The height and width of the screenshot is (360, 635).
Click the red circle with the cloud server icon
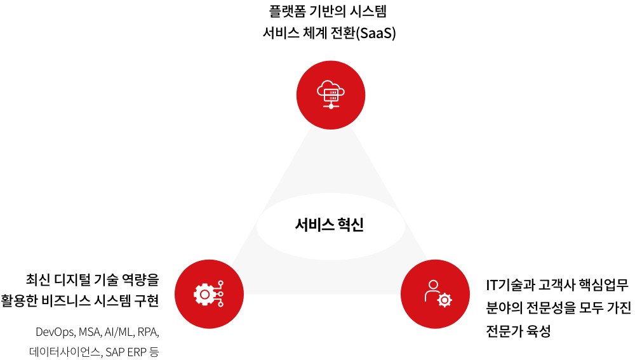click(x=330, y=95)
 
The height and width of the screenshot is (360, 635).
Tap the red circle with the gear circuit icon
click(x=209, y=294)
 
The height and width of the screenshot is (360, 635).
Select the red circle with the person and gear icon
click(x=435, y=294)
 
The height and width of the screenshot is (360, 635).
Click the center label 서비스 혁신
click(x=329, y=225)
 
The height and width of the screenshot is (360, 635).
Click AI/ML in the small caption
click(x=119, y=332)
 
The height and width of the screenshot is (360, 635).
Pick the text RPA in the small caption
click(x=148, y=332)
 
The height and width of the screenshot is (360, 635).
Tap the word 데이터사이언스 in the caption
click(x=65, y=352)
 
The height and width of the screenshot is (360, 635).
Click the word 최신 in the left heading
click(x=38, y=279)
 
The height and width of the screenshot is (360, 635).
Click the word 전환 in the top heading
click(x=343, y=33)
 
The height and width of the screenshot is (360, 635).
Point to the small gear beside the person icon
click(x=444, y=300)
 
